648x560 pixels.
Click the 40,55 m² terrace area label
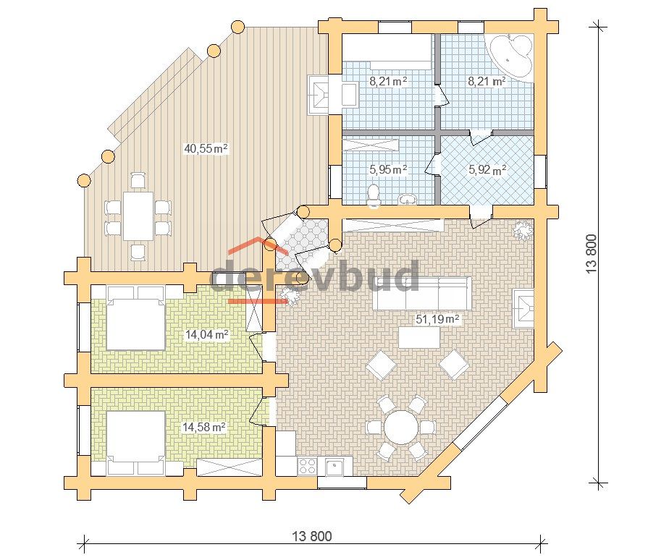tap(206, 148)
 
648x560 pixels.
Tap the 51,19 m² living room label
tap(437, 319)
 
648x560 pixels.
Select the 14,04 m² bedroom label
tap(206, 334)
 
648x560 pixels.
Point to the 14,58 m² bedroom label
tap(204, 427)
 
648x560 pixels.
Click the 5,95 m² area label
tap(388, 169)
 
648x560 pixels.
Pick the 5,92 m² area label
tap(487, 169)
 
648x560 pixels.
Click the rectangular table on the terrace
tap(138, 216)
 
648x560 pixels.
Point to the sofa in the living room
tap(422, 293)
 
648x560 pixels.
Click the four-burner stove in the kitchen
tap(307, 466)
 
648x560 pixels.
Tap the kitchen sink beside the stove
tap(334, 466)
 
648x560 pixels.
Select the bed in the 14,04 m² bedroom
tap(136, 318)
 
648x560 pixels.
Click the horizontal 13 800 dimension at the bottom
tap(312, 536)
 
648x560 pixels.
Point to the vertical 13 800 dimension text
tap(592, 253)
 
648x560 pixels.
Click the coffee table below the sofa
tap(419, 337)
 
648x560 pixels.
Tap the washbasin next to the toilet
tap(409, 200)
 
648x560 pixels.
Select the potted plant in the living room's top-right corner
tap(523, 230)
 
